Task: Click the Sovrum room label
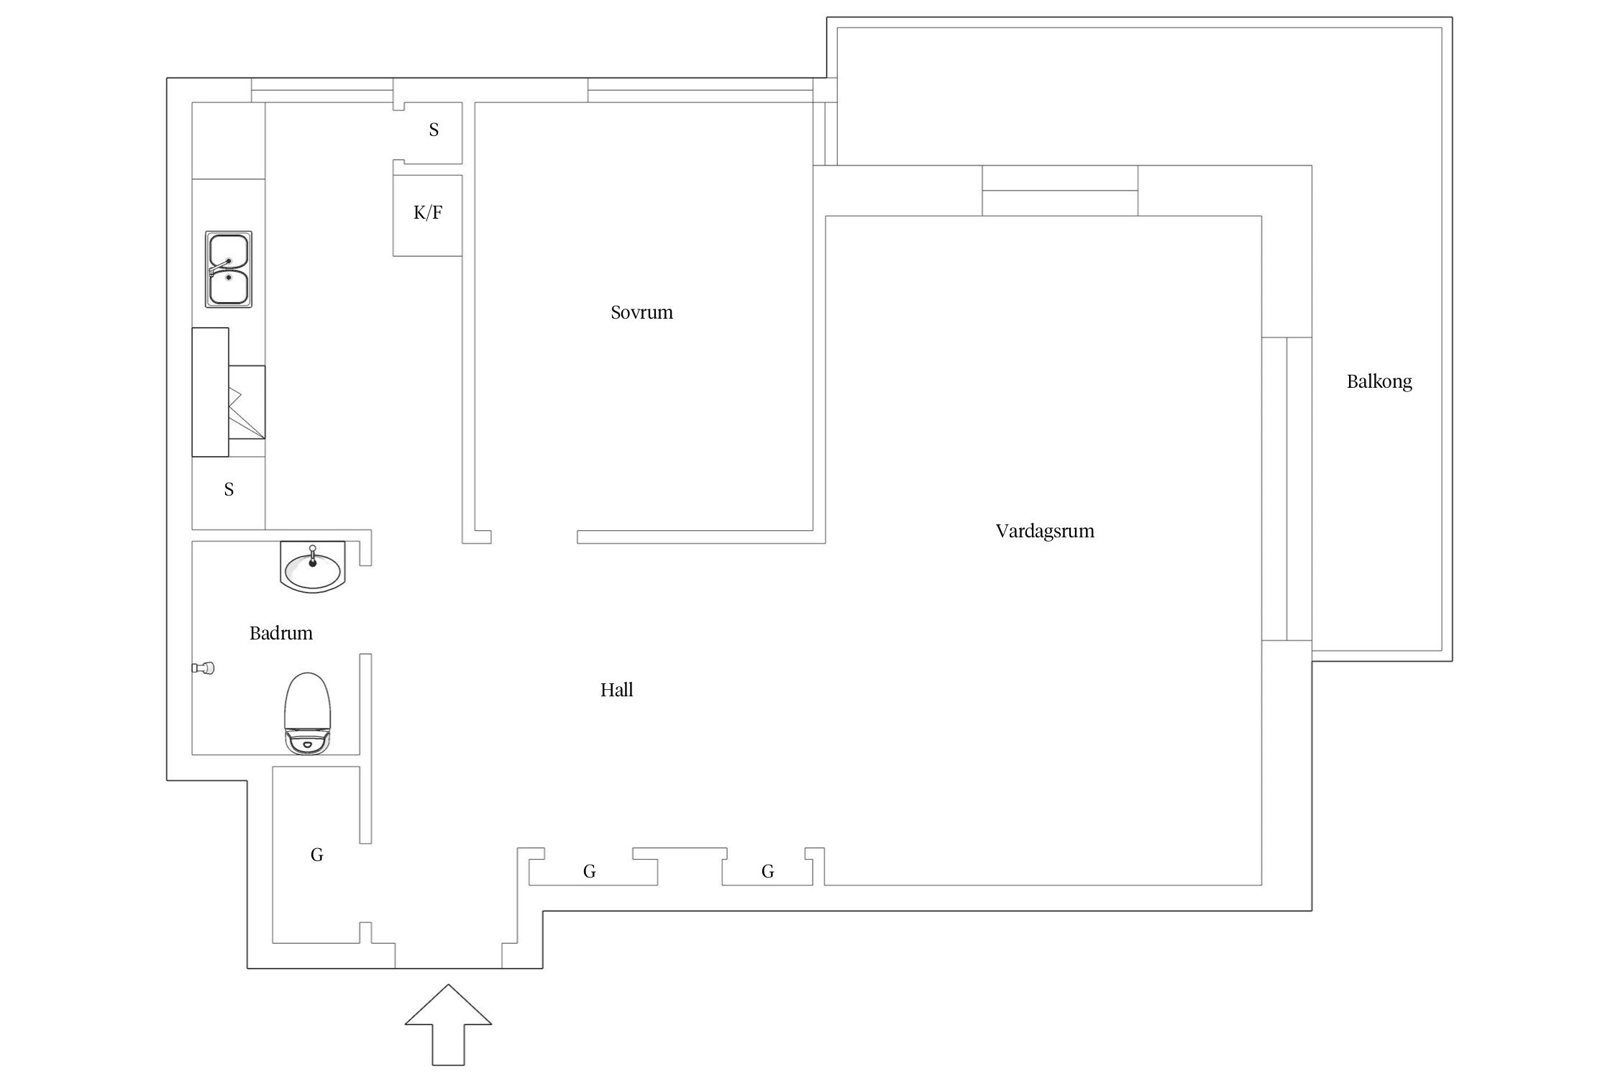tap(641, 312)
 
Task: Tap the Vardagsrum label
tap(1045, 532)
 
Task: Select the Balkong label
tap(1379, 381)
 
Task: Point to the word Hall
tap(617, 691)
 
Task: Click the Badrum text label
tap(281, 634)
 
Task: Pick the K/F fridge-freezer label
tap(428, 212)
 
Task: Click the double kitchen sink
tap(229, 270)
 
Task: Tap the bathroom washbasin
tap(312, 567)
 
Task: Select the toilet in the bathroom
tap(308, 714)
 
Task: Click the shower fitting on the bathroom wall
tap(204, 668)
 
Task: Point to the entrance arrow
tap(448, 1025)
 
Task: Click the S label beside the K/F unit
tap(434, 130)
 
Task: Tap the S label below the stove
tap(229, 490)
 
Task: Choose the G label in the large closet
tap(316, 855)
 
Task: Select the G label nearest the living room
tap(767, 872)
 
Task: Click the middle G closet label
tap(589, 872)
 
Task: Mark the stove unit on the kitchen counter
tap(228, 392)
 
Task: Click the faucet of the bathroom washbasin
tap(312, 557)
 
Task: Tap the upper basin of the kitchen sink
tap(229, 251)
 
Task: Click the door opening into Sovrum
tap(534, 537)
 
